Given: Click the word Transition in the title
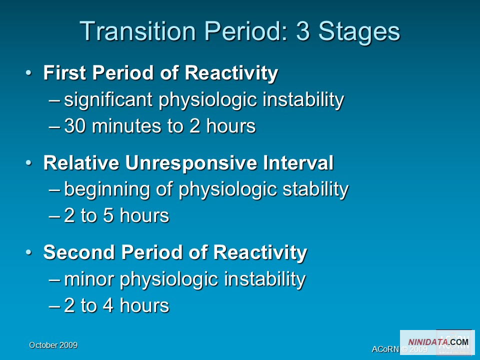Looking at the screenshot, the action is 138,31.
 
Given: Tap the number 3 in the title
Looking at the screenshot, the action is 303,31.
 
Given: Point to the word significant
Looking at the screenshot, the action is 108,100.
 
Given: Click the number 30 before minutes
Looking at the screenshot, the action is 74,126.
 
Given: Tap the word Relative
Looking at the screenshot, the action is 81,162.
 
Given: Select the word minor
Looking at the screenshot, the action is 89,279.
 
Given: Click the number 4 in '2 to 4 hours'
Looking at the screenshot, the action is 108,305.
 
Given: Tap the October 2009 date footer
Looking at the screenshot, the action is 53,345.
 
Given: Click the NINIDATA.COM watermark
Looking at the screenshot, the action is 438,342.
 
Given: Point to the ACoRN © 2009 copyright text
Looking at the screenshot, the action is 399,349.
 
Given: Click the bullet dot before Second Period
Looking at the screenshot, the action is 28,252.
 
